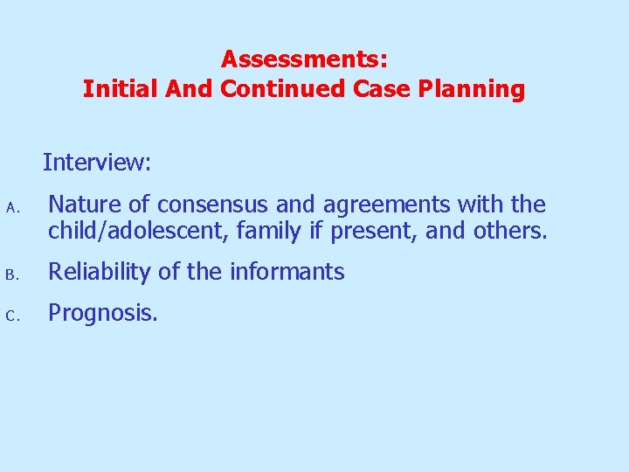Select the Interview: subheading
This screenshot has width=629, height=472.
click(x=97, y=163)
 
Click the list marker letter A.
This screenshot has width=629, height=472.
click(x=11, y=208)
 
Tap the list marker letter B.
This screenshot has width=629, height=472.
click(x=11, y=274)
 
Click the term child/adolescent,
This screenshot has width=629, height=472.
click(x=139, y=232)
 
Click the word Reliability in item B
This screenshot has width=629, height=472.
click(x=99, y=273)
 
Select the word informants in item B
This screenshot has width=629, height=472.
click(x=287, y=272)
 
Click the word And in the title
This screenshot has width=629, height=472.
click(x=189, y=89)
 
